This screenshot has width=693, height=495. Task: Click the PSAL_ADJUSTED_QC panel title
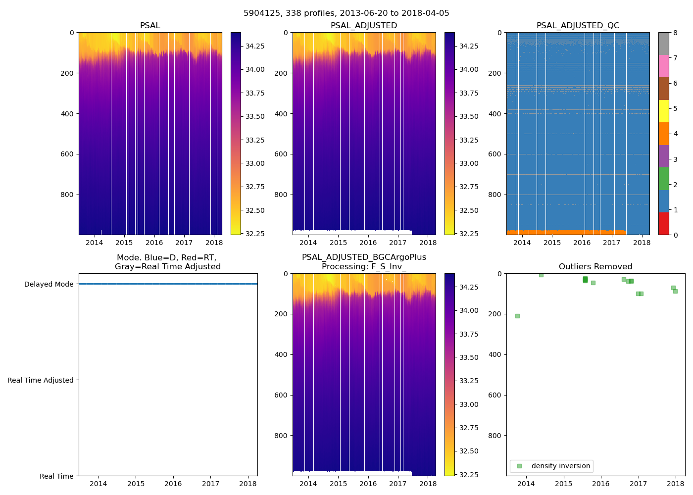(578, 26)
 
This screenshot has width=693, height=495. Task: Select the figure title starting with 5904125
(346, 13)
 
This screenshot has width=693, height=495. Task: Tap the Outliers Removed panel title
(595, 267)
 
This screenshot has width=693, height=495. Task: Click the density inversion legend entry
(560, 466)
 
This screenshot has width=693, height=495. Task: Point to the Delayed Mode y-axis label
(49, 284)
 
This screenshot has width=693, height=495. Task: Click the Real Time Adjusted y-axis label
(41, 380)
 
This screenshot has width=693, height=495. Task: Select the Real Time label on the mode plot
(56, 476)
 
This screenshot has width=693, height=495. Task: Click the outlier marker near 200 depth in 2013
(517, 316)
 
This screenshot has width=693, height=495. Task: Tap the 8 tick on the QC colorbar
(675, 33)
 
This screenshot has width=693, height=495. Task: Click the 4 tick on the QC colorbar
(675, 134)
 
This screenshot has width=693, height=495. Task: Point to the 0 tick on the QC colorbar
(675, 235)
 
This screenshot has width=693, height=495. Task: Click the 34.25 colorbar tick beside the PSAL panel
(255, 46)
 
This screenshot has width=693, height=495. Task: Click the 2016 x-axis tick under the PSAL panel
(154, 243)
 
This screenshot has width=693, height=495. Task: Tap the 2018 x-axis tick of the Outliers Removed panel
(676, 484)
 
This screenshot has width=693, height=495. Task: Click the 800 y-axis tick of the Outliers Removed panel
(495, 436)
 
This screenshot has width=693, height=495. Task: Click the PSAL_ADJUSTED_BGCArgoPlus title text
(364, 257)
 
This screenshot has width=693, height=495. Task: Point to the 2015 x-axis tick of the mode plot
(136, 484)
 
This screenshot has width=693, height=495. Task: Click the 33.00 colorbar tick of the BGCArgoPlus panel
(469, 404)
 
